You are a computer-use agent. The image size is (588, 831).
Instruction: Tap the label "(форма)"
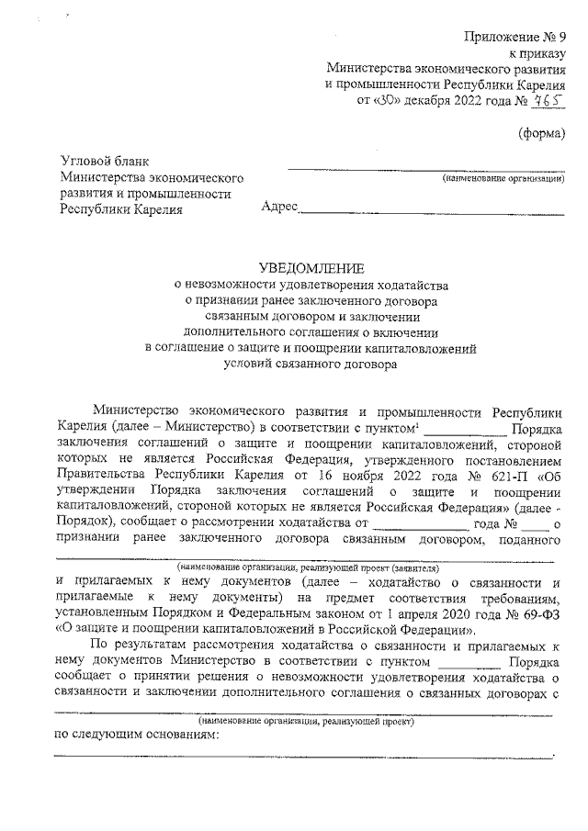coord(542,133)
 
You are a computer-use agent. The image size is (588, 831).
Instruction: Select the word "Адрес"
coord(279,208)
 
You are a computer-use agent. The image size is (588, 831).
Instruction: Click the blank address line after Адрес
coord(432,212)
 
